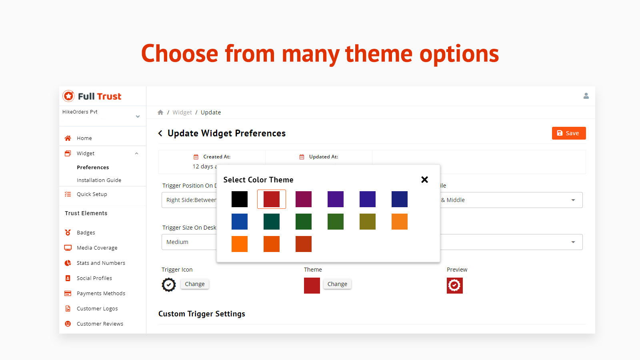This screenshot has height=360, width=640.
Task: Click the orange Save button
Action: click(568, 133)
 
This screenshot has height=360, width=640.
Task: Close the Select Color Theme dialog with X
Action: click(424, 180)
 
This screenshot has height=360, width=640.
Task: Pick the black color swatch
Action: click(239, 199)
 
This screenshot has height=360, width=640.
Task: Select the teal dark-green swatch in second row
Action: click(271, 222)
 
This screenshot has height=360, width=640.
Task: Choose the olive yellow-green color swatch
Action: click(367, 222)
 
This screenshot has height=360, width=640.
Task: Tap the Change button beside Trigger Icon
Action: click(194, 284)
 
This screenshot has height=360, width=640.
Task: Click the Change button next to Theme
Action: click(337, 284)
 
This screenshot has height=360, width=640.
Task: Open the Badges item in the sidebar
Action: click(86, 232)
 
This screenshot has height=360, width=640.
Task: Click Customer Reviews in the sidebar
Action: click(100, 324)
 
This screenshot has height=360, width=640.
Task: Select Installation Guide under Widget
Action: click(99, 180)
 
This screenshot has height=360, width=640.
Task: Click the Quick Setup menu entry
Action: click(92, 194)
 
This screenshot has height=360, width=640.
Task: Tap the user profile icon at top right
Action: click(586, 96)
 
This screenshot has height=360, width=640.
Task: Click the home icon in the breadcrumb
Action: click(160, 112)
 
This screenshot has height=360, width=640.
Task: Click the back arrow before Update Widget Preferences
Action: click(160, 133)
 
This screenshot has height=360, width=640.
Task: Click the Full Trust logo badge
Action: click(69, 96)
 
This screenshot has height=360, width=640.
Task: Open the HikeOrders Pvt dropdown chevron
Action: click(138, 116)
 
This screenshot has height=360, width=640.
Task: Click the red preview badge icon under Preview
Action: click(454, 286)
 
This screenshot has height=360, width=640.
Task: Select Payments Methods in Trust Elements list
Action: click(101, 293)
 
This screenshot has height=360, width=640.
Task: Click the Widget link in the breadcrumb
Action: click(182, 112)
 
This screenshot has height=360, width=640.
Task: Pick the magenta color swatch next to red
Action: click(303, 199)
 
